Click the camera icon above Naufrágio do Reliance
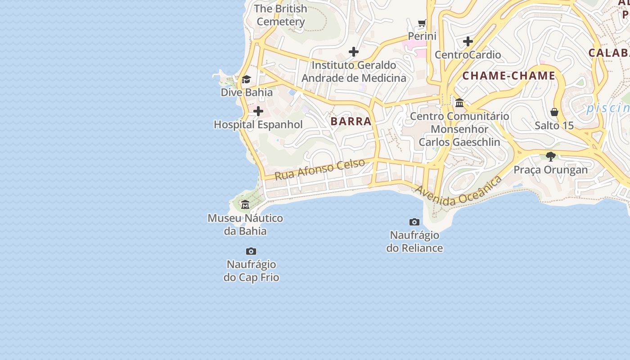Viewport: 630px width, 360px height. tap(414, 222)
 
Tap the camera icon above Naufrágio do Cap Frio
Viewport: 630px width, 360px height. tap(251, 251)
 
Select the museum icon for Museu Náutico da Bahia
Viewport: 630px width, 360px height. tap(245, 205)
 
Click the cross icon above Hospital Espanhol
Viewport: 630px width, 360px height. tap(258, 111)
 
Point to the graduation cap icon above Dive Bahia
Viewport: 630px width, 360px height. tap(246, 80)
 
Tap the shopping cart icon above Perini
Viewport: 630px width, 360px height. tap(422, 23)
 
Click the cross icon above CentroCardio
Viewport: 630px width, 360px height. tap(468, 42)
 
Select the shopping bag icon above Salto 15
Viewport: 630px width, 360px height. tap(554, 112)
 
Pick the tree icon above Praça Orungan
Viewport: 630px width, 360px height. tap(550, 157)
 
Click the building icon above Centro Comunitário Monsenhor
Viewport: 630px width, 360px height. tap(459, 103)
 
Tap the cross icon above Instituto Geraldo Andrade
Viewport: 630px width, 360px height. tap(354, 52)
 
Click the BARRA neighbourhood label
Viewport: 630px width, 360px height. tap(351, 121)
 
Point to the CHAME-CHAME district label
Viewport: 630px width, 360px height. tap(509, 76)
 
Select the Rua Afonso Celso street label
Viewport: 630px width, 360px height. tap(319, 169)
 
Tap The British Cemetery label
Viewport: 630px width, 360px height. tap(281, 15)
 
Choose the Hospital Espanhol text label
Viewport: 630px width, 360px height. tap(258, 125)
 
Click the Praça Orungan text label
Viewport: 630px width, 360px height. tap(551, 170)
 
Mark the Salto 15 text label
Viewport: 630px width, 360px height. tap(554, 126)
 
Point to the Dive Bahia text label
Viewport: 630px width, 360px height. tap(247, 92)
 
